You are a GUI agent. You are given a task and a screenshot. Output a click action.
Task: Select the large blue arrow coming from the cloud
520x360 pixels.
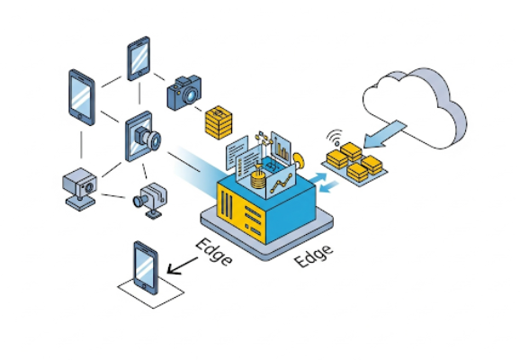385,134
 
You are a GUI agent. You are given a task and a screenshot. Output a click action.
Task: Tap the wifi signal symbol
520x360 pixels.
335,138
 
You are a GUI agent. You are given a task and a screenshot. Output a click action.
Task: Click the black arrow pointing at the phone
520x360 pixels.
183,265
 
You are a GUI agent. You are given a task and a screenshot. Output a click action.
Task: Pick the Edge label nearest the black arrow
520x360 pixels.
214,252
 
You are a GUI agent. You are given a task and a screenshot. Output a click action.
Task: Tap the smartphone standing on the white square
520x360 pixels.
146,267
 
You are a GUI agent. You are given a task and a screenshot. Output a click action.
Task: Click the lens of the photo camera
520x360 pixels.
192,95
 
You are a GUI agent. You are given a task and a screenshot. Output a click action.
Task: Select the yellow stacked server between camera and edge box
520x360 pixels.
219,122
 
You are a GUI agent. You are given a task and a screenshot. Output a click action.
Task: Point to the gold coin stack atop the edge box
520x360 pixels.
259,180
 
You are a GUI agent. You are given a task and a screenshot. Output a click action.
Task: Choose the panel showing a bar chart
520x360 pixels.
282,148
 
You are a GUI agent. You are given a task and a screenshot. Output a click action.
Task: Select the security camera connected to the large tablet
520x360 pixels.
80,189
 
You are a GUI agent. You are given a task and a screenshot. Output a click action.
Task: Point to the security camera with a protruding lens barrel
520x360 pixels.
150,200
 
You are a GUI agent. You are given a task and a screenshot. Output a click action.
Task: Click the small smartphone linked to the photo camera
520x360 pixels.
139,58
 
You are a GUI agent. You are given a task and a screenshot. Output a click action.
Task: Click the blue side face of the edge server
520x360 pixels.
291,212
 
